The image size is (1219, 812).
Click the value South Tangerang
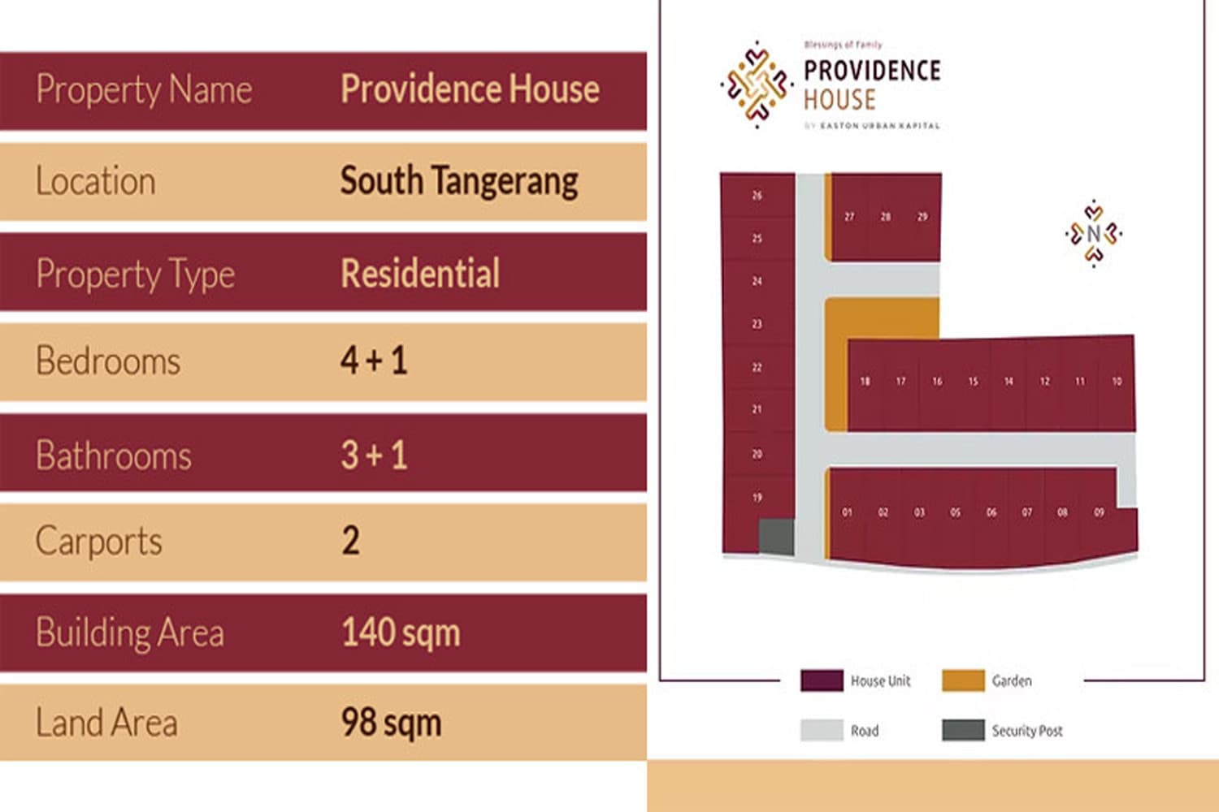[x=459, y=181]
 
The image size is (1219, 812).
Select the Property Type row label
[x=136, y=274]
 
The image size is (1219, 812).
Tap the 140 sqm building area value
[x=401, y=633]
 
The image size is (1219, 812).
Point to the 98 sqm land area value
[x=391, y=722]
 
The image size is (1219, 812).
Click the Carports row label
[x=99, y=541]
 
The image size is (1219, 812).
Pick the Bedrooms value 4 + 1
[x=374, y=361]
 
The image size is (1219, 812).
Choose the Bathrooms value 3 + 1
[x=374, y=455]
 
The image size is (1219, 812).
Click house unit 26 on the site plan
[x=757, y=196]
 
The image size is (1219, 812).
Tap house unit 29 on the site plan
[x=922, y=217]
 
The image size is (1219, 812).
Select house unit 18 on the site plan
[x=865, y=382]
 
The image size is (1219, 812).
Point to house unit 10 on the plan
[x=1117, y=382]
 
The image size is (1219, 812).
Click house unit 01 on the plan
[x=847, y=512]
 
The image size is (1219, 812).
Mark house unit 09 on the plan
[x=1099, y=512]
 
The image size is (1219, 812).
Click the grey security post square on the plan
[x=776, y=537]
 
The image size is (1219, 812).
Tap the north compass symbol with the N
[x=1094, y=234]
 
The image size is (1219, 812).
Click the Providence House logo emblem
[x=757, y=84]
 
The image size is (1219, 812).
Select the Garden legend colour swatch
[x=962, y=680]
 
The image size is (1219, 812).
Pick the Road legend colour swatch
[x=821, y=730]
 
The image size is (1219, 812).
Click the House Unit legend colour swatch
[x=821, y=680]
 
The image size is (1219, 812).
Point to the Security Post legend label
[x=1027, y=731]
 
